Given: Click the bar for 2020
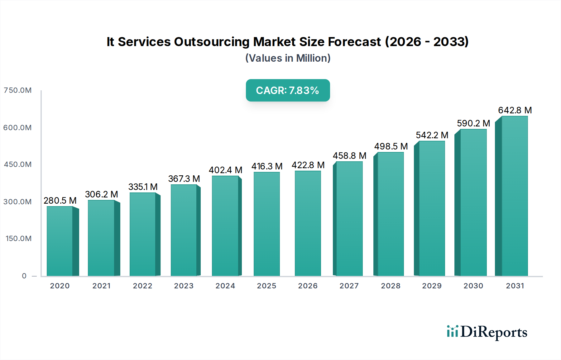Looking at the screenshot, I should (60, 241).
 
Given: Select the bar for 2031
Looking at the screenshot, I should (515, 196).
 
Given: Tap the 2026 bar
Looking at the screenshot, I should (308, 224).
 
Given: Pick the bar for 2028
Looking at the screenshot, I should (391, 214).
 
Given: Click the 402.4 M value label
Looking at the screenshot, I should (225, 170).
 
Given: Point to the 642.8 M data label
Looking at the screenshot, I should (515, 110).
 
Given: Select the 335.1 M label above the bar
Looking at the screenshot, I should (143, 187).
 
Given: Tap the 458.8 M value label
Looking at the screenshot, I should (349, 156).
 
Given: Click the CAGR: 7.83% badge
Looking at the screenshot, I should (288, 90).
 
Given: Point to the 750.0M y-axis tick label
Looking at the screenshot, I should (18, 90).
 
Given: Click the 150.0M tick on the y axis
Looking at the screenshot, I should (18, 239).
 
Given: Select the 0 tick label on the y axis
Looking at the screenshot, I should (24, 276).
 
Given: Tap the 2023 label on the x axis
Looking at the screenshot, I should (184, 286).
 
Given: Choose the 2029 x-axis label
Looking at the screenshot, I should (432, 286).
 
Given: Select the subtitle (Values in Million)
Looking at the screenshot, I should (288, 58).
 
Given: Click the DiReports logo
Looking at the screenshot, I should (487, 332).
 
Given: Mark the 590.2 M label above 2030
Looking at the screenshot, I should (473, 123).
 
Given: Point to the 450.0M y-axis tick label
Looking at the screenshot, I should (18, 164).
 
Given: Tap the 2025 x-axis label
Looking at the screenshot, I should (266, 286).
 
